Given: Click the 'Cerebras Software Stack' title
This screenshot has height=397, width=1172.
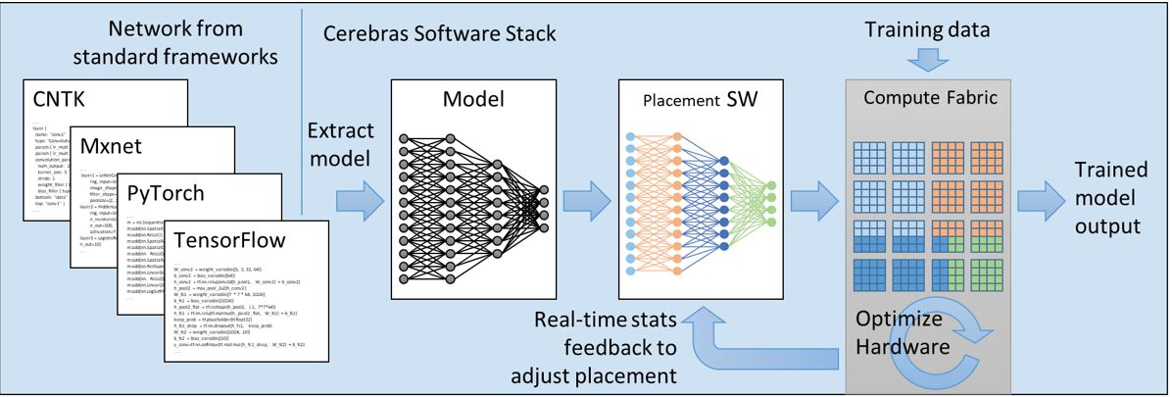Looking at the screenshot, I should coord(440,34).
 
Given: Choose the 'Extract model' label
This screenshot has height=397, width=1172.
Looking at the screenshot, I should coord(340,144).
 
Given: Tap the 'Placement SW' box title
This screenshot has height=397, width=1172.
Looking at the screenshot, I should coord(700,101).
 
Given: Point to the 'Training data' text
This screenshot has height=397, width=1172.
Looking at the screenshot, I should coord(927,30).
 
